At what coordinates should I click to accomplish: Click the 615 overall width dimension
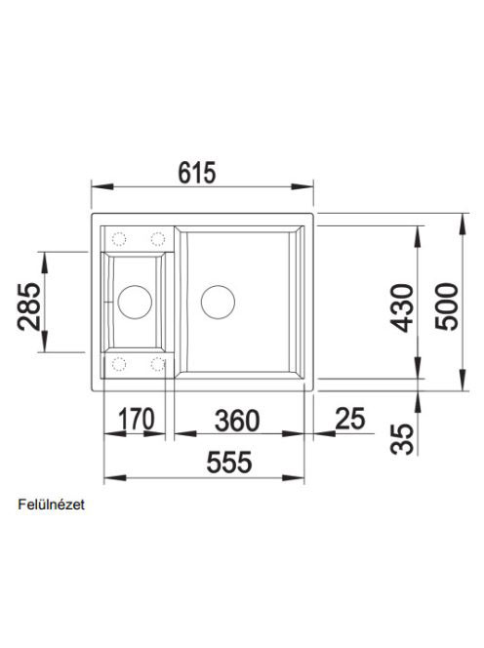click(x=197, y=173)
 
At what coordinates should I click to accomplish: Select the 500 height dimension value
click(x=447, y=306)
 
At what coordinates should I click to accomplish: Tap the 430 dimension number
click(x=402, y=307)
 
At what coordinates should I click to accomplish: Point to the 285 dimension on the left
click(x=29, y=306)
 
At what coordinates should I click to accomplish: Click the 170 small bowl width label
click(x=137, y=419)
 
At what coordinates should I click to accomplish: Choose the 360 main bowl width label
click(x=237, y=421)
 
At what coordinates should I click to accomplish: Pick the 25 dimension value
click(x=350, y=419)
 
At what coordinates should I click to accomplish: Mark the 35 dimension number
click(x=402, y=438)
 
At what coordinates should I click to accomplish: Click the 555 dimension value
click(x=229, y=462)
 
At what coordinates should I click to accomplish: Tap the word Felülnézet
click(x=52, y=505)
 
